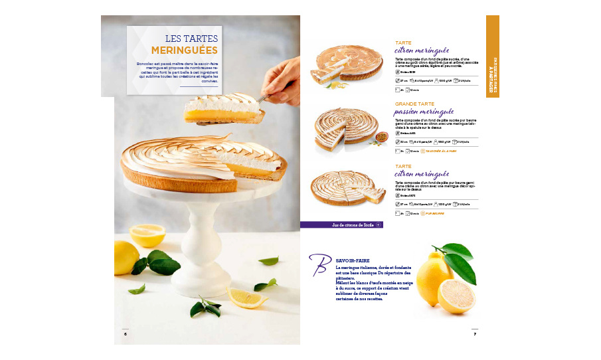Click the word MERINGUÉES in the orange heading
point(185,50)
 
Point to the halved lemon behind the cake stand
point(147,234)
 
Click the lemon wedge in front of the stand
point(247,296)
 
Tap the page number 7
point(475,333)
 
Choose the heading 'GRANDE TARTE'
point(415,104)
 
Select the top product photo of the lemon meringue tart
point(349,63)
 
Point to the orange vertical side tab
point(492,56)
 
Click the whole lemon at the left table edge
point(126,257)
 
